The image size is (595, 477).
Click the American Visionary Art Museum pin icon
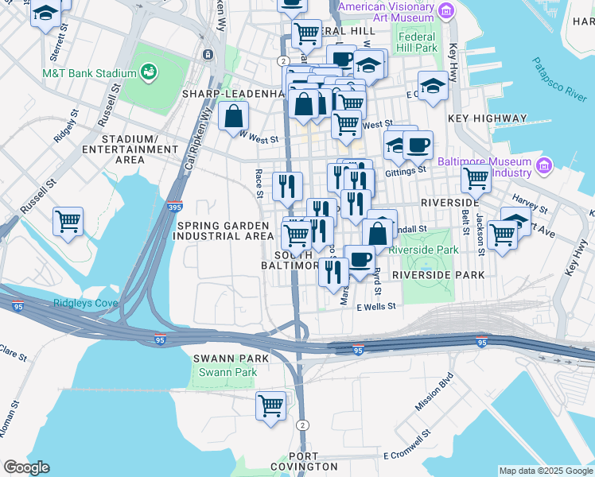(x=447, y=10)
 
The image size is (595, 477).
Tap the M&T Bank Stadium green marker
(x=148, y=73)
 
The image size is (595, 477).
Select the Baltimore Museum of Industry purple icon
(x=544, y=166)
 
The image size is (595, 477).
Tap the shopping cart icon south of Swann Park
(x=270, y=405)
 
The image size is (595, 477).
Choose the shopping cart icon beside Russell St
(x=68, y=221)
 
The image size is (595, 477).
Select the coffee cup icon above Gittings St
(x=418, y=145)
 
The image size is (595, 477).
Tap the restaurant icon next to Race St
(x=287, y=186)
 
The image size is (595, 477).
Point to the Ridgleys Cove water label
(x=86, y=303)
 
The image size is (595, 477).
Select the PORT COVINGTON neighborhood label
(x=313, y=461)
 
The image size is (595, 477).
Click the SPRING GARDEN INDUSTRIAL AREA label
(x=224, y=231)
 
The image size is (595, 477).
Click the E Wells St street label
(x=375, y=306)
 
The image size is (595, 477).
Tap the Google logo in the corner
(x=26, y=467)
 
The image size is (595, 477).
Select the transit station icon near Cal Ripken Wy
(x=208, y=54)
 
